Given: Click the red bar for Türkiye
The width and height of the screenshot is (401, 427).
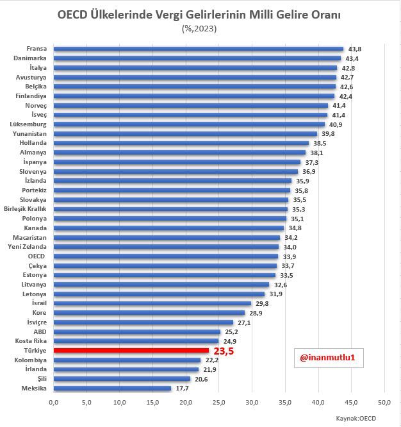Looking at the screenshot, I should [131, 351].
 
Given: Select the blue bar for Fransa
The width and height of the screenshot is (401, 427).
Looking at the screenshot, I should [199, 49].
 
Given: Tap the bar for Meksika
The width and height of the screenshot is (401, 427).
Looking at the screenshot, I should [112, 388].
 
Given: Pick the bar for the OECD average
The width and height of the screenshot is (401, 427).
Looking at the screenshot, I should [166, 256].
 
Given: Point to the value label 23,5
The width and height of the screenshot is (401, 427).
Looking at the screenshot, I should [224, 351].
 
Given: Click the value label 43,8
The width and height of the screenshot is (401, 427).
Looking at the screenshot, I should [355, 49].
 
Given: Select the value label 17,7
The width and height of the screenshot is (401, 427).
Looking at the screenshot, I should [183, 388].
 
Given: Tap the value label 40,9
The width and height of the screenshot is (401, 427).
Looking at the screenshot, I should [336, 124].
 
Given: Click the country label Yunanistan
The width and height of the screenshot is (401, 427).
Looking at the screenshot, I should [29, 134].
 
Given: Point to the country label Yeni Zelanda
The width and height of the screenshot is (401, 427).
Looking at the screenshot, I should [28, 247].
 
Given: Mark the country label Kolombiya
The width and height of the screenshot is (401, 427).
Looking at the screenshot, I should [29, 360].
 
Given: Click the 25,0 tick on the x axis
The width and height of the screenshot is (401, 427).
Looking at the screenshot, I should [219, 402].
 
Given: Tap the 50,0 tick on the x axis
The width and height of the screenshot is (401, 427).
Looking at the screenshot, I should [384, 402].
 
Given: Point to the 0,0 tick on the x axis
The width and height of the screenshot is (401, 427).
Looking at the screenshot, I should [54, 402].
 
